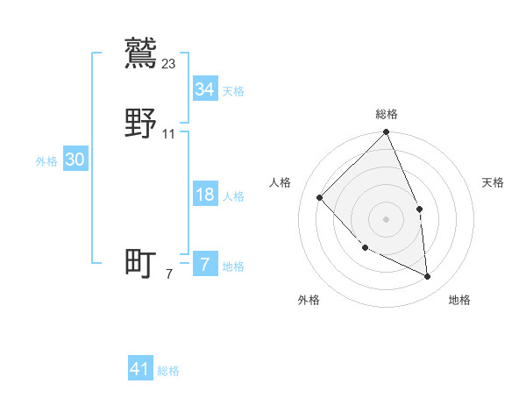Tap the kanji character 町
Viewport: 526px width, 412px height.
point(141,263)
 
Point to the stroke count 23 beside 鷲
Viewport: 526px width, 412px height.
point(169,63)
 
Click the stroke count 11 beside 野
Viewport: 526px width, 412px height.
point(169,134)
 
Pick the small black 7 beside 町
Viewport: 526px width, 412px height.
point(169,274)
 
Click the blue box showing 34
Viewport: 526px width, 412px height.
point(204,89)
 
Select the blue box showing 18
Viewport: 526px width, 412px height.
point(204,195)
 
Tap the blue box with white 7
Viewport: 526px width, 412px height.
point(204,265)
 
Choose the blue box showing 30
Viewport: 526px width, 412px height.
point(75,160)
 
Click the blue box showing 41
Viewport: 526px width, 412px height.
point(140,370)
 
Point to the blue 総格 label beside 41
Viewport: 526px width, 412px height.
point(168,372)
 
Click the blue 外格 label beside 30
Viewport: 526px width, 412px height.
point(46,161)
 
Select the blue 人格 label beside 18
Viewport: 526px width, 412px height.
point(233,196)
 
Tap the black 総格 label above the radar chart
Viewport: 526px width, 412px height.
point(387,114)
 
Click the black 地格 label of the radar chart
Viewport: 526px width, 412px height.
point(459,300)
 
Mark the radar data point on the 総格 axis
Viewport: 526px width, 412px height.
point(386,133)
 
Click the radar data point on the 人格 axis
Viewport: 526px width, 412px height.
point(320,197)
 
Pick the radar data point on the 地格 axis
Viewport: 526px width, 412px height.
point(427,276)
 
